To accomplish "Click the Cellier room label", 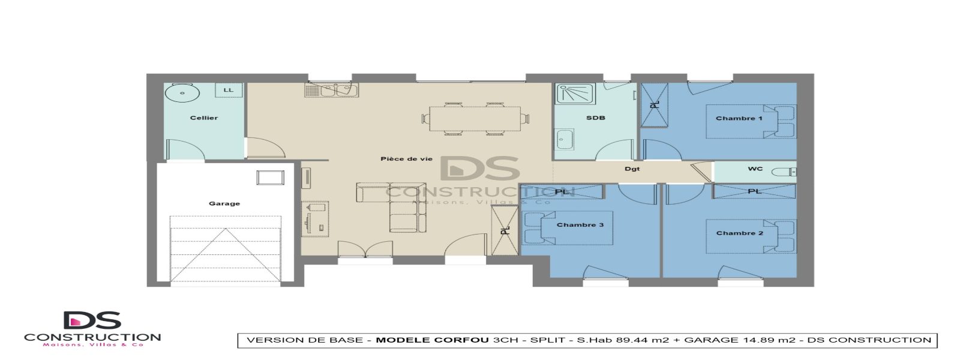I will (204, 118).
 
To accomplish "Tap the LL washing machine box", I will (229, 90).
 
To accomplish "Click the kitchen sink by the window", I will (331, 91).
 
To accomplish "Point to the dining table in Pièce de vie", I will (475, 119).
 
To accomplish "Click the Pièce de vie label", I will (406, 159).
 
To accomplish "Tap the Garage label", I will (224, 203).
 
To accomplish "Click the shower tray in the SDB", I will (574, 94).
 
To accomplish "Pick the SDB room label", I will (595, 118).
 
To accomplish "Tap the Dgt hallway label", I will (632, 169).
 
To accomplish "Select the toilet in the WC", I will (783, 172).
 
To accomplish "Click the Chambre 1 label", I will (739, 118).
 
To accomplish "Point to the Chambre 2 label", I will (739, 233).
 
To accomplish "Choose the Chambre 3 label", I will (580, 224).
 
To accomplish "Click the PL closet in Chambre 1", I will (654, 105).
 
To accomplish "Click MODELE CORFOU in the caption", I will (432, 340).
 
